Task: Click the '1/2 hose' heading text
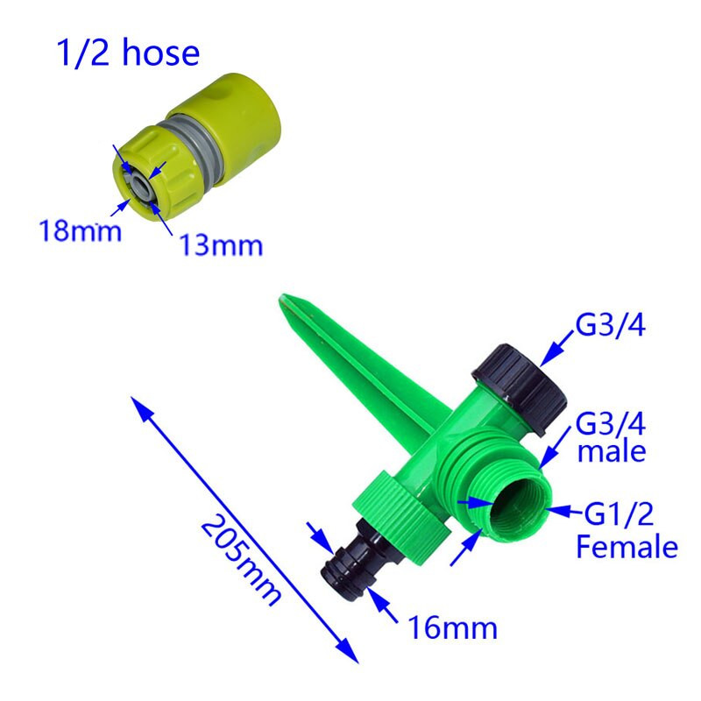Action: click(128, 53)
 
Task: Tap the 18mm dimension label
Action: click(80, 231)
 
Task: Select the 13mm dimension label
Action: click(221, 245)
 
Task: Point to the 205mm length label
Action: click(241, 560)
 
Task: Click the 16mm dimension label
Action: click(452, 627)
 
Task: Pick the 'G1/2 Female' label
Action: click(627, 531)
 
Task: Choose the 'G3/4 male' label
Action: click(611, 436)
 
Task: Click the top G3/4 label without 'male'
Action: click(610, 325)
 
